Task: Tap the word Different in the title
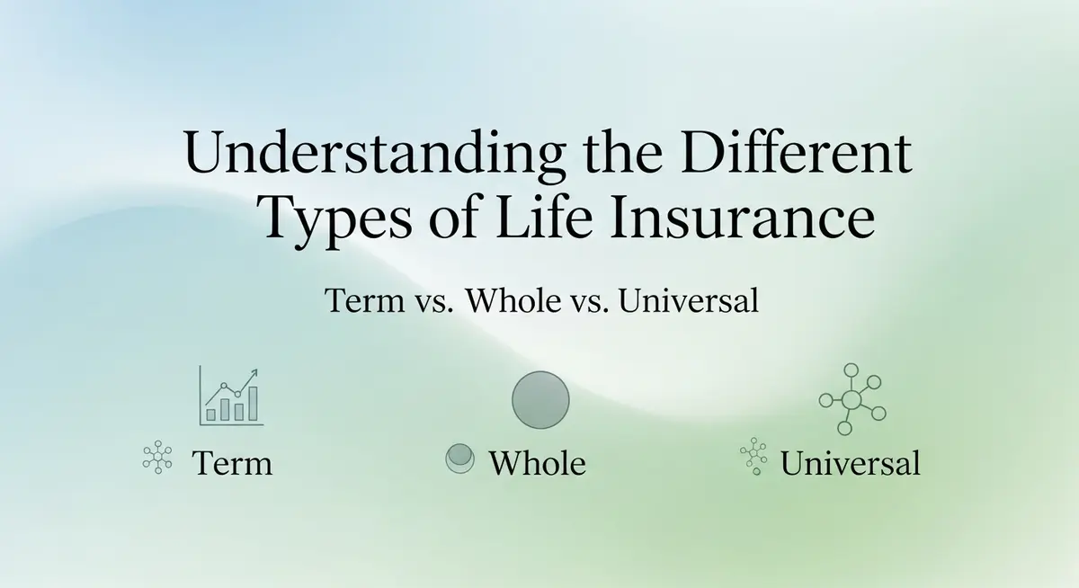point(797,151)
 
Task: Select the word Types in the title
point(334,221)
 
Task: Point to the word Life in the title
point(544,216)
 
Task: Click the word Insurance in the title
point(743,216)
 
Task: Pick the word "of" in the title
point(455,216)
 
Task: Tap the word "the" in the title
point(623,151)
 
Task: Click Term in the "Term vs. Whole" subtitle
point(365,300)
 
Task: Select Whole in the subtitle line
point(513,300)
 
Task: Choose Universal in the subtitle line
point(689,300)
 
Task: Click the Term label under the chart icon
point(232,463)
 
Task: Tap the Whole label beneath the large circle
point(538,463)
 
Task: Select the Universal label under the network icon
point(851,463)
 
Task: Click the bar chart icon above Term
point(231,396)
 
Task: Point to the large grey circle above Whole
point(540,400)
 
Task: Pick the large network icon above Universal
point(852,400)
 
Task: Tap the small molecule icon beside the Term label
point(157,457)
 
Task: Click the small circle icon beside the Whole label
point(459,459)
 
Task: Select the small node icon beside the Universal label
point(754,457)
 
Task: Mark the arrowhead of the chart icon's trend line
point(254,373)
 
